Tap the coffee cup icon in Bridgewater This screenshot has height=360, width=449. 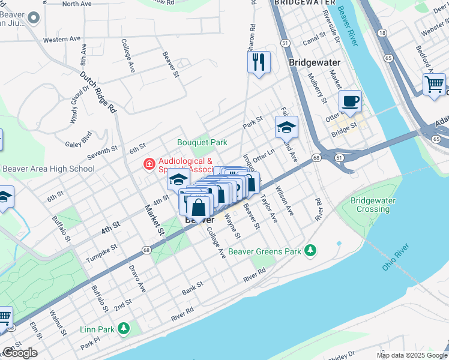click(350, 101)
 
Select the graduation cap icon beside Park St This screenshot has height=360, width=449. click(286, 127)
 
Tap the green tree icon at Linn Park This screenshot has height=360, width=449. click(123, 328)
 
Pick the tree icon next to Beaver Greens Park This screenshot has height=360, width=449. click(310, 250)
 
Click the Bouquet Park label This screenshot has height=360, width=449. click(202, 142)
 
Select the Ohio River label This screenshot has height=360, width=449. click(396, 256)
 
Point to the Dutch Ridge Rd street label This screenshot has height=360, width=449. click(98, 93)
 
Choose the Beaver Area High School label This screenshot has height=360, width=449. click(48, 169)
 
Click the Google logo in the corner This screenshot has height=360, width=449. click(19, 353)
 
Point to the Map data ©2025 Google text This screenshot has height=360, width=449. click(411, 355)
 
